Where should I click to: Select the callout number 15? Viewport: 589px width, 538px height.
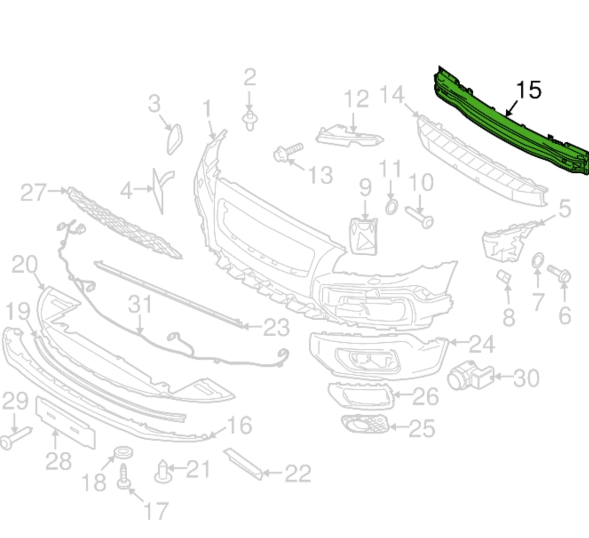529,89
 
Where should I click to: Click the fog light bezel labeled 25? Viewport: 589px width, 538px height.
365,424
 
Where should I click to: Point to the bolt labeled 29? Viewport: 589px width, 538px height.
14,438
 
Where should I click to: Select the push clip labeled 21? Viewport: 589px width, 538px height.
162,472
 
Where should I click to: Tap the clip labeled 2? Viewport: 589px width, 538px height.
250,120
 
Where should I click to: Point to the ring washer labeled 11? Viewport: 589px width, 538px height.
392,206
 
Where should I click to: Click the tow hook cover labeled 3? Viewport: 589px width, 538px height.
175,139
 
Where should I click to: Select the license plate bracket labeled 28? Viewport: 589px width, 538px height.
65,421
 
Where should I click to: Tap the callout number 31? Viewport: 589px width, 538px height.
140,304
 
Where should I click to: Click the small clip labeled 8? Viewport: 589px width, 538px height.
504,277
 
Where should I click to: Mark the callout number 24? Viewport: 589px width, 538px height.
482,344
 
